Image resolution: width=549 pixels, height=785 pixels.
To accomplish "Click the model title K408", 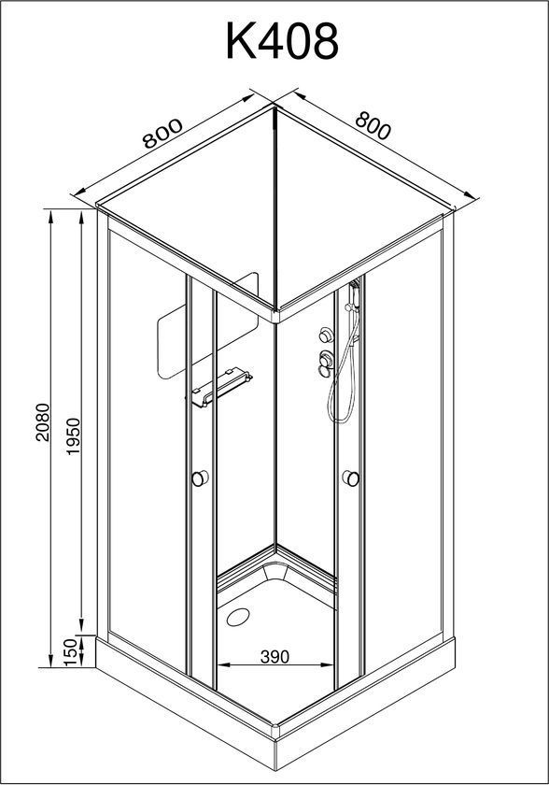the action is click(283, 41).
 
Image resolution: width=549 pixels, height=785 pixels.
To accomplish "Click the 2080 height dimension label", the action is click(44, 422).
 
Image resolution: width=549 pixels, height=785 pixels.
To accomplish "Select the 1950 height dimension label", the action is click(74, 436).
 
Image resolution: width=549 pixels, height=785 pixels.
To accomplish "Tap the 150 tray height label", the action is click(73, 652).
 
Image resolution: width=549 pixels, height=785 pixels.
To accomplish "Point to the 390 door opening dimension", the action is click(275, 656).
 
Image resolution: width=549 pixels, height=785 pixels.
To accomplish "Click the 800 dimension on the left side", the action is click(162, 134).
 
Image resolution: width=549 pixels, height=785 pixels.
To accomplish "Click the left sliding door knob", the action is click(200, 478).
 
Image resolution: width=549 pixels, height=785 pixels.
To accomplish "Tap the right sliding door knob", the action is click(351, 478).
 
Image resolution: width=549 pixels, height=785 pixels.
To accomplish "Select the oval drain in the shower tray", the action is click(238, 617).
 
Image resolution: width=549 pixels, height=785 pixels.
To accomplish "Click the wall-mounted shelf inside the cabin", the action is click(219, 388).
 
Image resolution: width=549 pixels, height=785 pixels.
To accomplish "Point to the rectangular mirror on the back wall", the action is click(207, 325).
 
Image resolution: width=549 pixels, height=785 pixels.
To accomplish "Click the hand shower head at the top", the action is click(354, 295).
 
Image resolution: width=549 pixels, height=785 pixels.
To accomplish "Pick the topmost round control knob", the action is click(327, 335).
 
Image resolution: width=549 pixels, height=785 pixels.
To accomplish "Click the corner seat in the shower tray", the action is click(276, 571).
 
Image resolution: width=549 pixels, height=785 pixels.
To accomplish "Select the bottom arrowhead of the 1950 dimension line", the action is click(81, 627).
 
